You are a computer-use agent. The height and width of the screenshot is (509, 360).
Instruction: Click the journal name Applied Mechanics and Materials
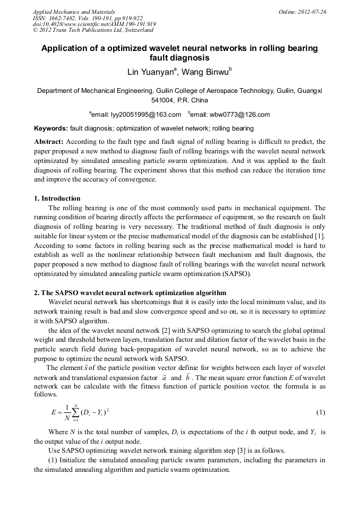(74, 12)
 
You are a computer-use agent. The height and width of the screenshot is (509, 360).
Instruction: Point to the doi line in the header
(94, 24)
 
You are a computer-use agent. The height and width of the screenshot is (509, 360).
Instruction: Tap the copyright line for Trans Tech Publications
(93, 31)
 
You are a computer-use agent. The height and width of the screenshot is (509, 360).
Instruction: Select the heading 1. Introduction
(57, 199)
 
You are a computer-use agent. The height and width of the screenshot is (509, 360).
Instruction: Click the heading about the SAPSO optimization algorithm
(130, 293)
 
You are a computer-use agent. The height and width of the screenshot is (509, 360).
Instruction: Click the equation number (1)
(321, 412)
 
